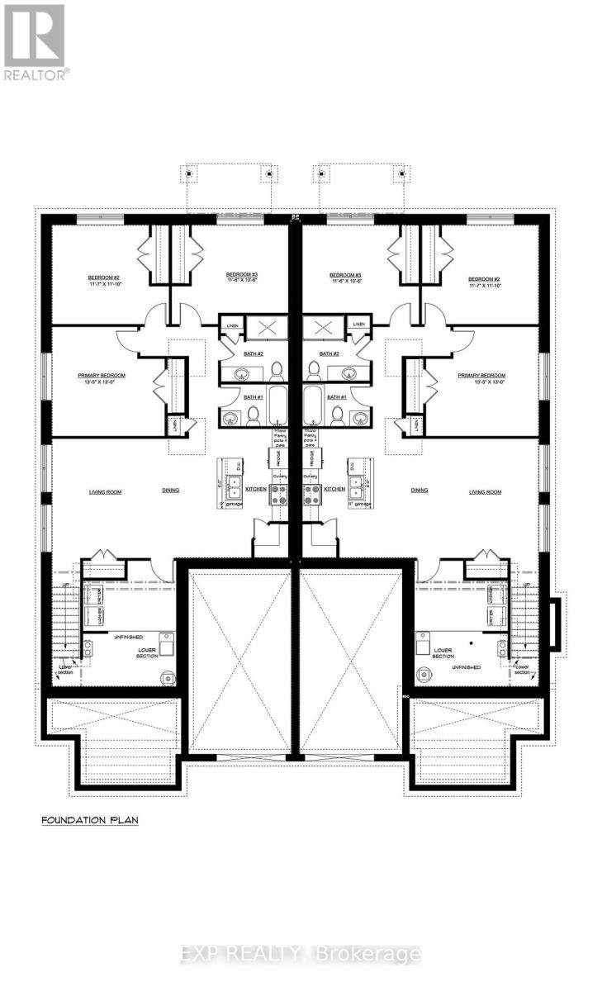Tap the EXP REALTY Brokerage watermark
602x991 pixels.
click(301, 954)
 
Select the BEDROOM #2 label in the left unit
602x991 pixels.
click(105, 279)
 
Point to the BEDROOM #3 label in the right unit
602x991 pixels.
click(346, 278)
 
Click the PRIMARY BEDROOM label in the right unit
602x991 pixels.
click(481, 377)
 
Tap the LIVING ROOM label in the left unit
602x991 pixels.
click(105, 491)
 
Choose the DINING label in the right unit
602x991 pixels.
click(420, 490)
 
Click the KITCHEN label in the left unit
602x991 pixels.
click(256, 489)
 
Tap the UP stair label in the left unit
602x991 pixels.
click(65, 585)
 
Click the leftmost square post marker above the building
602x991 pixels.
click(189, 173)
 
